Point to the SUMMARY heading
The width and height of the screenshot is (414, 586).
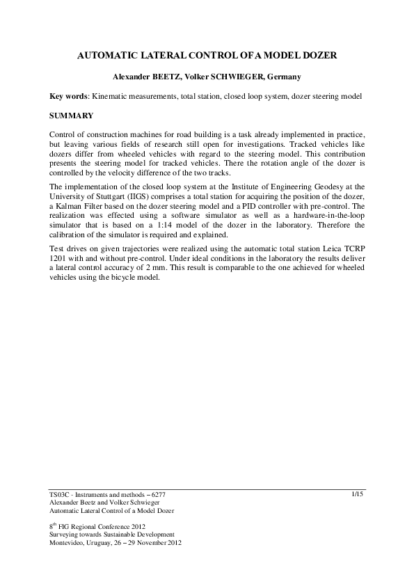(72, 113)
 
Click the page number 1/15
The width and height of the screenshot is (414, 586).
(358, 493)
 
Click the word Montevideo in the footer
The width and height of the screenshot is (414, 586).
(67, 542)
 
